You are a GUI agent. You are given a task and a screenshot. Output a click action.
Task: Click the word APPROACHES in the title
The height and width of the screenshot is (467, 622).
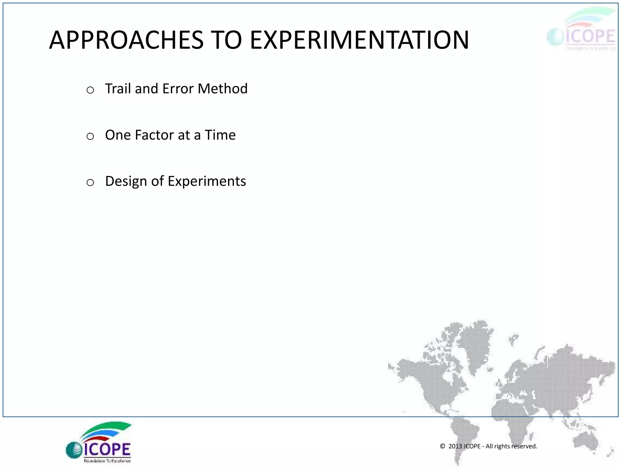pyautogui.click(x=126, y=40)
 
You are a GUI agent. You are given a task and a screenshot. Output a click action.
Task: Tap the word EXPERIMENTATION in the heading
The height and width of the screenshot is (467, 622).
pyautogui.click(x=359, y=40)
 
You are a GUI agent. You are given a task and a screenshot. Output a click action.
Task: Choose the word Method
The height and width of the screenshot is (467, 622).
pyautogui.click(x=223, y=89)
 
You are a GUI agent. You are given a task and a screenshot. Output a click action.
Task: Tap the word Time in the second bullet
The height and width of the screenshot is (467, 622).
pyautogui.click(x=220, y=135)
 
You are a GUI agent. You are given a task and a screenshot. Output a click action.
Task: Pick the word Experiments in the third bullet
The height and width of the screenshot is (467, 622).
pyautogui.click(x=207, y=182)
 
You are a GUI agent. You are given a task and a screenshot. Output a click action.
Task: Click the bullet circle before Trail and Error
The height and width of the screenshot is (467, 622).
pyautogui.click(x=90, y=90)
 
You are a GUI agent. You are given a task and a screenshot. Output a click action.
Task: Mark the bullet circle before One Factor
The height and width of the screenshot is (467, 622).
pyautogui.click(x=90, y=136)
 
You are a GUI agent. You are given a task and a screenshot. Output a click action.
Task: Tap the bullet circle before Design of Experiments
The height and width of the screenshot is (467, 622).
pyautogui.click(x=90, y=182)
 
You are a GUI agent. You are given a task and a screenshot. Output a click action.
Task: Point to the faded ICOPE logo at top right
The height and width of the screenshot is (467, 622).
pyautogui.click(x=581, y=30)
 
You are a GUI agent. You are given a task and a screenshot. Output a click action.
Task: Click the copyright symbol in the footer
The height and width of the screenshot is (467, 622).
pyautogui.click(x=443, y=446)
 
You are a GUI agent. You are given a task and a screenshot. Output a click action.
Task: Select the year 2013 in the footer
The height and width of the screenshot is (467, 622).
pyautogui.click(x=455, y=446)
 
